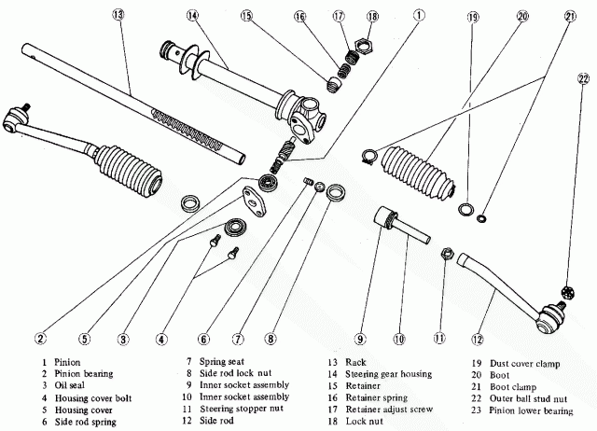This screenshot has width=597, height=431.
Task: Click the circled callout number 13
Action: tap(118, 15)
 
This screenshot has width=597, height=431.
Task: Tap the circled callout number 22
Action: tap(583, 78)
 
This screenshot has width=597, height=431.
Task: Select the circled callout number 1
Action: tap(419, 15)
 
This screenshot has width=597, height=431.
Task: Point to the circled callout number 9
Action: tap(360, 339)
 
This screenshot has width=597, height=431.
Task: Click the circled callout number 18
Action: tap(373, 17)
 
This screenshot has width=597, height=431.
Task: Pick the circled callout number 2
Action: tap(40, 338)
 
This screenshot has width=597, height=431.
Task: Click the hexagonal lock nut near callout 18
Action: tap(364, 47)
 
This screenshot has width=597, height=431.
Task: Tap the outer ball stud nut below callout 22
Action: tap(568, 292)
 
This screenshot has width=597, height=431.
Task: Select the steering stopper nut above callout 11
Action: tap(448, 254)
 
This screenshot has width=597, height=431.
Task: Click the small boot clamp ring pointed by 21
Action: tap(481, 218)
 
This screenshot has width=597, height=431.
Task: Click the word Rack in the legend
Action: tap(355, 363)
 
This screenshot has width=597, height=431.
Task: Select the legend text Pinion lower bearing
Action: tap(531, 410)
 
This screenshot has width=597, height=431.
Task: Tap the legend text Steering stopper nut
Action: tap(242, 409)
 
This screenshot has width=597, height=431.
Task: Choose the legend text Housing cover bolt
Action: tap(93, 398)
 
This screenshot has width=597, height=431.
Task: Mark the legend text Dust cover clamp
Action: tap(524, 364)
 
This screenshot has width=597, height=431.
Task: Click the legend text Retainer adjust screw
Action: tap(389, 410)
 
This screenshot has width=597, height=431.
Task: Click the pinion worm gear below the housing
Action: tap(281, 156)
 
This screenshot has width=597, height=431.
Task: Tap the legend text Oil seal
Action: tap(70, 385)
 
